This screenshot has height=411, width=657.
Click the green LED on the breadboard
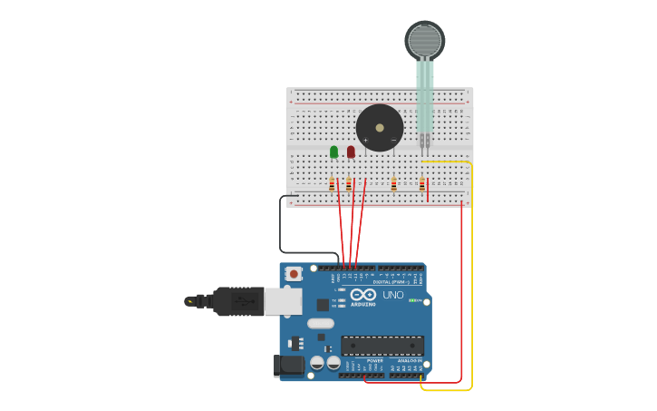333,152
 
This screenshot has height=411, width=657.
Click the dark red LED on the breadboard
351,152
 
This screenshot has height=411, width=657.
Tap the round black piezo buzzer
380,127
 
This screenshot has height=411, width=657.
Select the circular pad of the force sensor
424,41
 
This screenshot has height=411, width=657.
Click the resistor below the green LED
333,184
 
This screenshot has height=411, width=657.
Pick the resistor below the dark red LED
349,184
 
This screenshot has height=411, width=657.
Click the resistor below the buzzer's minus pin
393,184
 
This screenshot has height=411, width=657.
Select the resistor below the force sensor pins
421,184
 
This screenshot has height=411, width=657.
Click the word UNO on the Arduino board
393,296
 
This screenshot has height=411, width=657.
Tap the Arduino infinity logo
362,295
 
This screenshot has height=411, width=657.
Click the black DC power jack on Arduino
288,366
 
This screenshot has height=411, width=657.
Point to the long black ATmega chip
382,345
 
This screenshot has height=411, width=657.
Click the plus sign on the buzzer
366,141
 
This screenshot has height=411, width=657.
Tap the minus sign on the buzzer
393,141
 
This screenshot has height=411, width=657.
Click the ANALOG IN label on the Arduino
408,360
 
